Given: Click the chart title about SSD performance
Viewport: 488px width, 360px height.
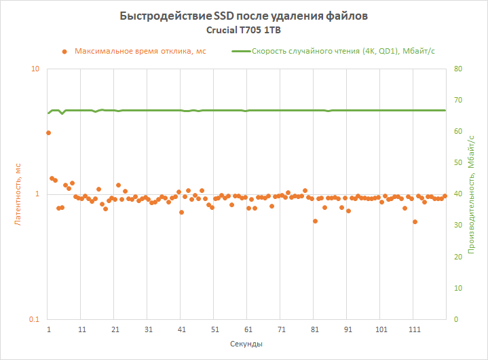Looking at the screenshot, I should [244, 16].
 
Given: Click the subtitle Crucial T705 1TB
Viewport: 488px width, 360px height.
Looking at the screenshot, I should [244, 30].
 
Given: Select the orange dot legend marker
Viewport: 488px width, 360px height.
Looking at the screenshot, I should [64, 51].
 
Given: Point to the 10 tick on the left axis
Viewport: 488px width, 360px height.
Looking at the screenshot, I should [35, 69].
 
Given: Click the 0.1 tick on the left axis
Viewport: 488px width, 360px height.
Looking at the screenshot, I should [34, 319].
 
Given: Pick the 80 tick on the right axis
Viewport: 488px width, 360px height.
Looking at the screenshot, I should [458, 69].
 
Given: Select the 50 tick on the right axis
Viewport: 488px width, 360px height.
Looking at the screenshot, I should [458, 163].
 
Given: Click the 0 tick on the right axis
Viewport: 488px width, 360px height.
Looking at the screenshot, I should [456, 319].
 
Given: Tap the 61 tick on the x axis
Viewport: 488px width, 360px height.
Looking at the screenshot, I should [248, 329].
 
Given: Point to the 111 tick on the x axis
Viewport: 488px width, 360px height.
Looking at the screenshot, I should [415, 329].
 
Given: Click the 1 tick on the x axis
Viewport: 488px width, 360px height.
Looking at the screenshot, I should [49, 329].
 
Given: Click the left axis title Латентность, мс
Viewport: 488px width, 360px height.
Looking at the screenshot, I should [19, 194].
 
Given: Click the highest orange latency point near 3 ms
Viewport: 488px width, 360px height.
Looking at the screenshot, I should [48, 133].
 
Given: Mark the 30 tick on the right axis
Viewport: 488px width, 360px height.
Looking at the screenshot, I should [458, 226].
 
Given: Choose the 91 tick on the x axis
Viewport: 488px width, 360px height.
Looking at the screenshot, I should [348, 329].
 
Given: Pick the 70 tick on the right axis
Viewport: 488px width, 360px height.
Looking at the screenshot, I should [458, 100].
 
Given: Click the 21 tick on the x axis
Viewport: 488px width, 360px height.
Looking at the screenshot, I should [115, 329].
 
